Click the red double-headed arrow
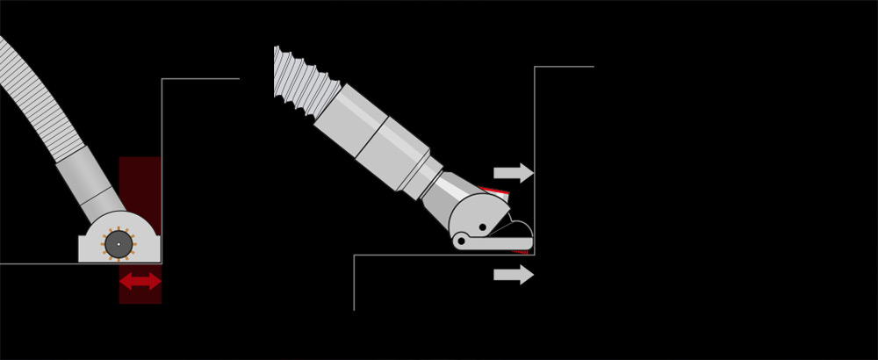(x=140, y=282)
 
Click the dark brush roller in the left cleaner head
(x=118, y=244)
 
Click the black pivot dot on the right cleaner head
(x=482, y=227)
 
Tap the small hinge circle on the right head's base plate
(x=461, y=241)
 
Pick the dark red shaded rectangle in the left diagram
(x=140, y=176)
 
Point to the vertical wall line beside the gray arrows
(x=535, y=132)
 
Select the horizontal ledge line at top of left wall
(x=200, y=79)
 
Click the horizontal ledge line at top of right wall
(x=564, y=67)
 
